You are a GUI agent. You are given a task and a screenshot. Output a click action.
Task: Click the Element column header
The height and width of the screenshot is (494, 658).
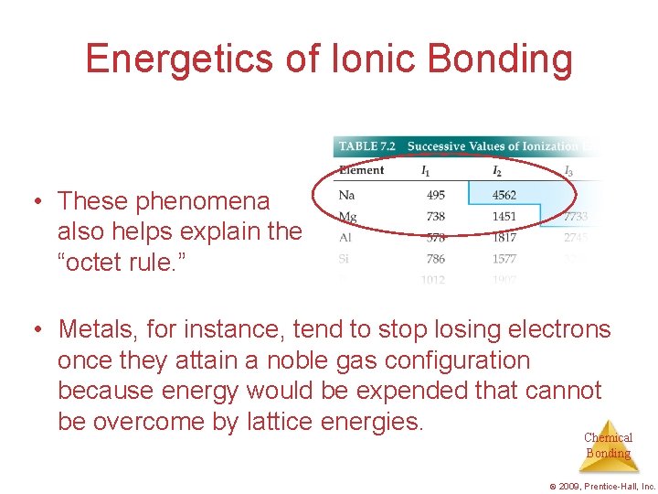click(x=361, y=170)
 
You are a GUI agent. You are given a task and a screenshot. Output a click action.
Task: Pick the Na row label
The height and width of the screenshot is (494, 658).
click(x=346, y=194)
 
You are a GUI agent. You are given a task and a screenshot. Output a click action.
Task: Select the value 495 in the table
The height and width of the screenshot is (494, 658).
click(x=436, y=194)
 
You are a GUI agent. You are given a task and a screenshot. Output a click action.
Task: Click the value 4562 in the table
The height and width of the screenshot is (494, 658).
click(x=504, y=194)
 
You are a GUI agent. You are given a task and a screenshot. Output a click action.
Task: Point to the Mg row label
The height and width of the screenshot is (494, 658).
click(x=347, y=217)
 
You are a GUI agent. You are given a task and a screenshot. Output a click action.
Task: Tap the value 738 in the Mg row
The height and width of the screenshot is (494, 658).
click(x=436, y=217)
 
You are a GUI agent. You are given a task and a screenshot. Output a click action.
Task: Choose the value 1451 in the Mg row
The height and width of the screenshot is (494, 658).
click(x=504, y=217)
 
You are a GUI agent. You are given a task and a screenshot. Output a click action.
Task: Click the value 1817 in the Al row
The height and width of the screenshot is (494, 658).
click(x=504, y=237)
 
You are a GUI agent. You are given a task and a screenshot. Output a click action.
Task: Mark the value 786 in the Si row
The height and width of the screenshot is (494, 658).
click(x=436, y=259)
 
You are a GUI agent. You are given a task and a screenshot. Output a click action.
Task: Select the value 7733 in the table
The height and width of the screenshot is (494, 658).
click(x=576, y=217)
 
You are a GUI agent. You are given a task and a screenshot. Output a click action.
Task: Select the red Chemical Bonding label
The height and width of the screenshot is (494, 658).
click(x=608, y=446)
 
